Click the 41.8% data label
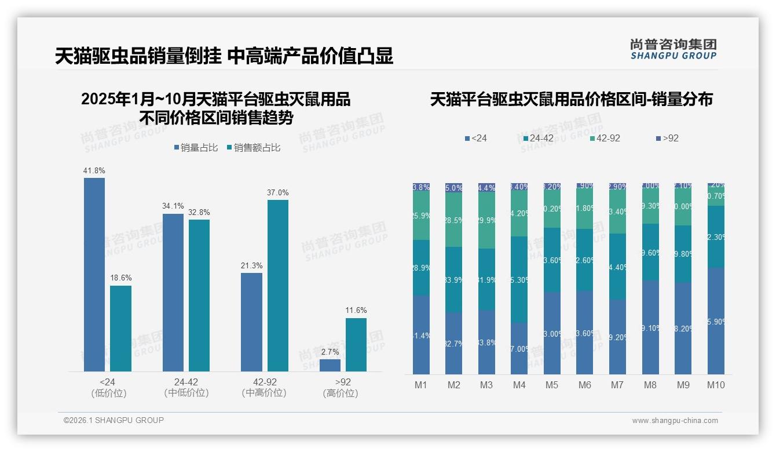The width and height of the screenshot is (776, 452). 94,171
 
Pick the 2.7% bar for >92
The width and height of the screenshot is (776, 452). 330,365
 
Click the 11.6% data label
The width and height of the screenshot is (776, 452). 356,311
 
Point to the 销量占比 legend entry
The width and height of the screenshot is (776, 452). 196,148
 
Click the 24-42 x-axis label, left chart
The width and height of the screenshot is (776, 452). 186,382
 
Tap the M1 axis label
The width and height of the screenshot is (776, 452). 421,385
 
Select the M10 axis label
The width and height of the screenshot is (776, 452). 716,385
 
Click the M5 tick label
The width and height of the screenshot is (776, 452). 552,385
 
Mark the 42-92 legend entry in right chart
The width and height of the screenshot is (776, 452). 605,138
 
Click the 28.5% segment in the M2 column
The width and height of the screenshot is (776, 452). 454,220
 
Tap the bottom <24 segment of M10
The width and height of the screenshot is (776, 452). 716,320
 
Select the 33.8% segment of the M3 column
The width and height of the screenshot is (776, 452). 486,342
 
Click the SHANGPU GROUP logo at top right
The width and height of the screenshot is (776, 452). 673,49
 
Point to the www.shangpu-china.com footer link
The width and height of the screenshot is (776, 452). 675,421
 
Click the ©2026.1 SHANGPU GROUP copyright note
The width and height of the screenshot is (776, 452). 114,420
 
